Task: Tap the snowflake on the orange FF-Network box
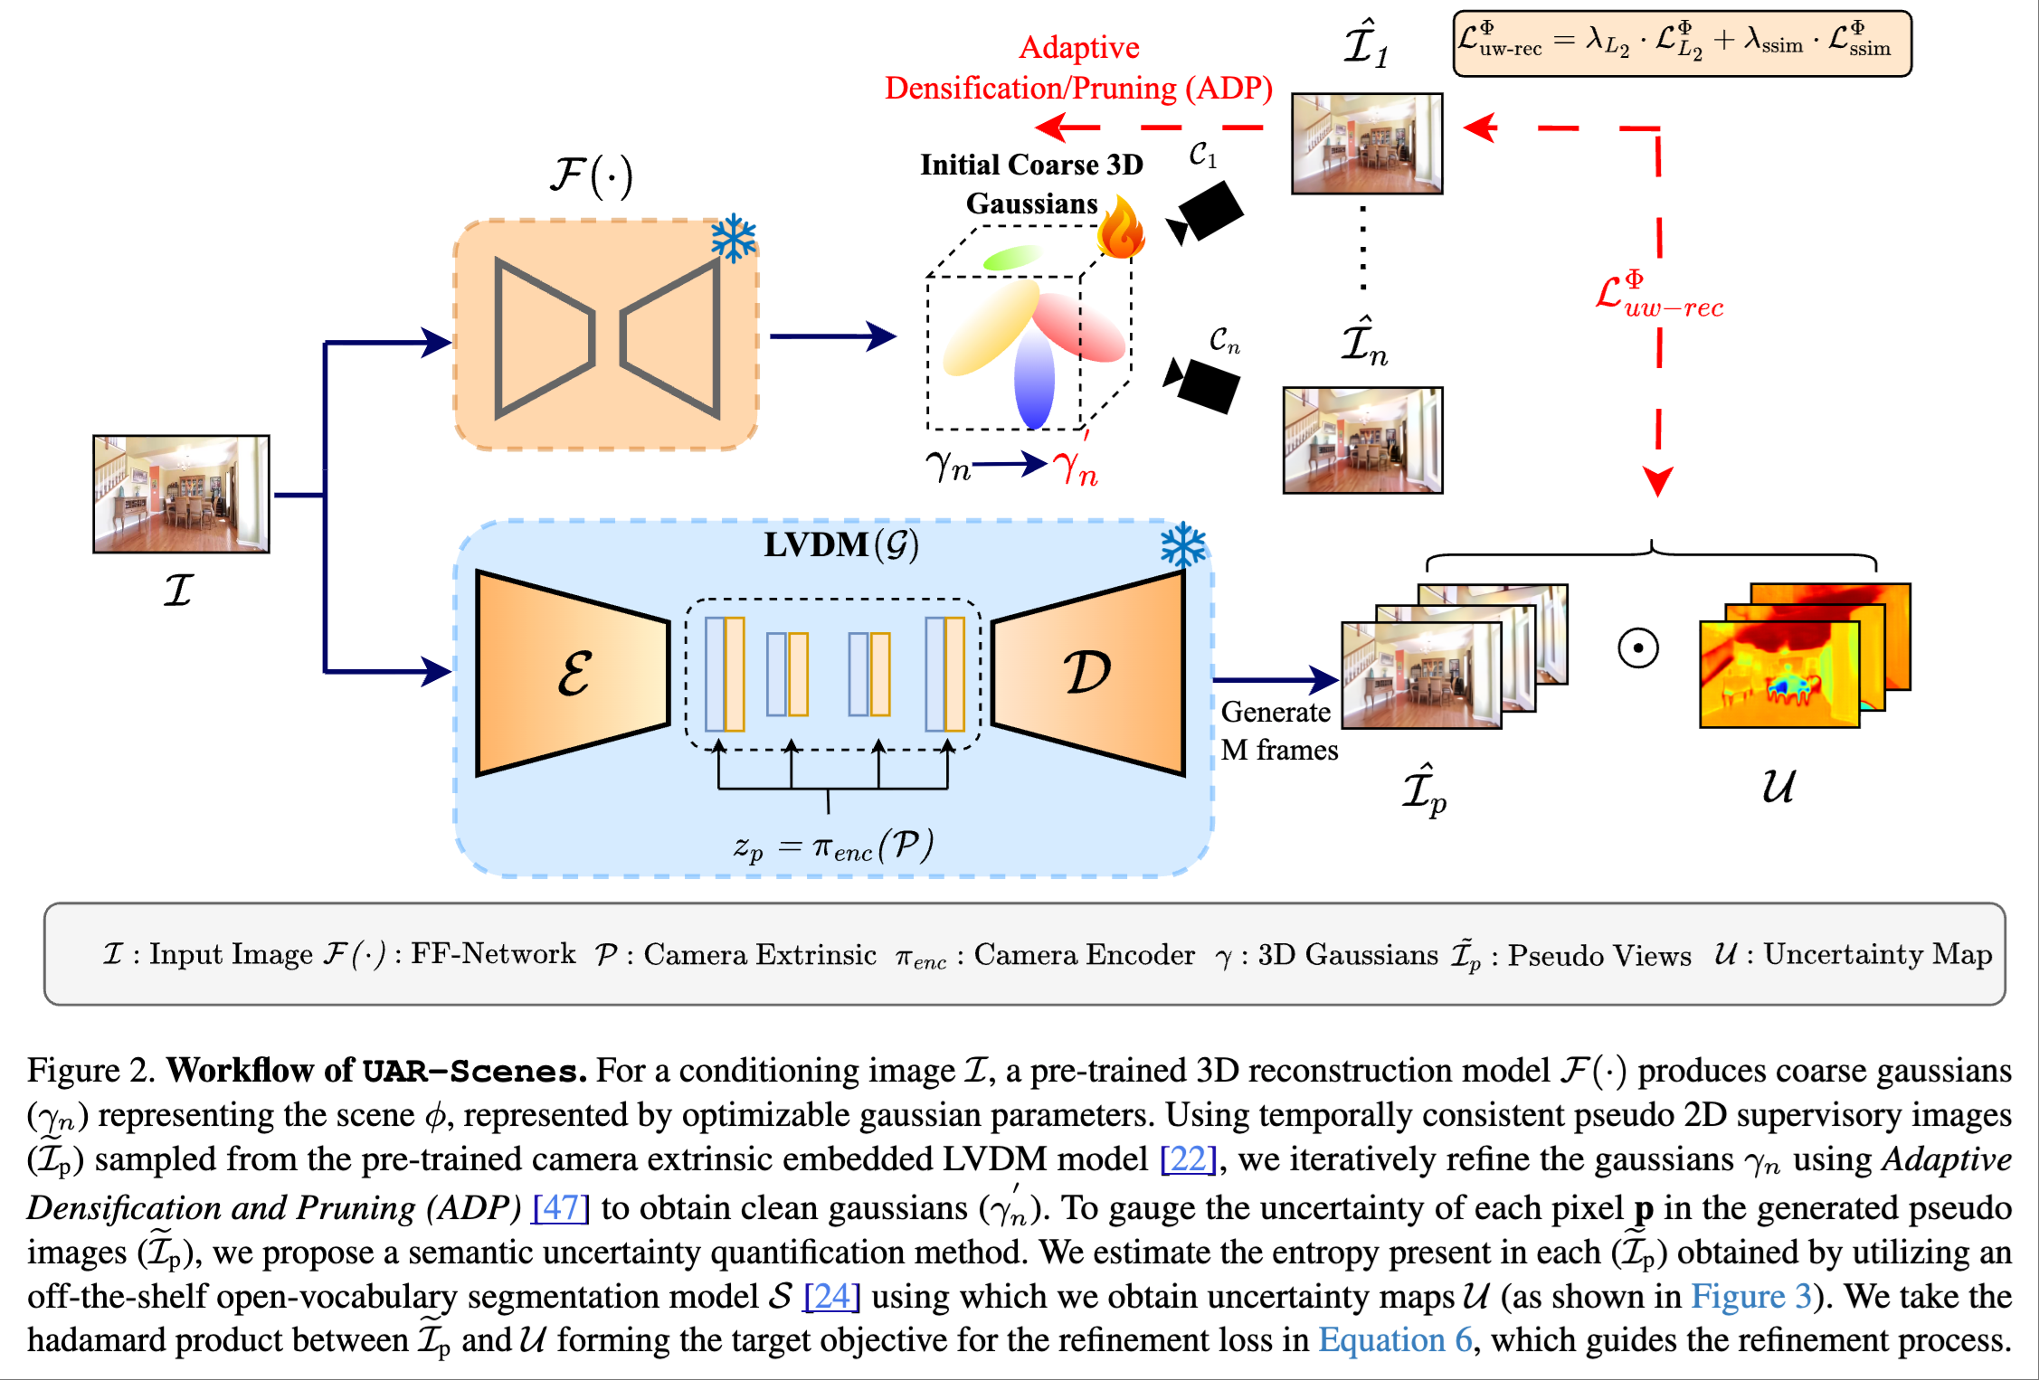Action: click(x=733, y=238)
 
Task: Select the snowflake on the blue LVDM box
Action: click(x=1182, y=545)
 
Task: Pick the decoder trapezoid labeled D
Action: click(x=1088, y=674)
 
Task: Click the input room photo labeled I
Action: click(x=181, y=494)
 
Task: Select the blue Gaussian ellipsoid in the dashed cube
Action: click(x=1034, y=380)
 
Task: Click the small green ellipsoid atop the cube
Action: click(x=1011, y=258)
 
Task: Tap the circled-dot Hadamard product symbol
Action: click(x=1637, y=648)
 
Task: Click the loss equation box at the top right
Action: click(x=1681, y=43)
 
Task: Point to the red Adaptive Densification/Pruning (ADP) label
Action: click(x=1078, y=68)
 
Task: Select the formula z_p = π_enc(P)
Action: click(x=832, y=846)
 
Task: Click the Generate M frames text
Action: click(x=1278, y=731)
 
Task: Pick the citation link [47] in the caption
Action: click(x=561, y=1207)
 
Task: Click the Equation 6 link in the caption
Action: click(x=1394, y=1340)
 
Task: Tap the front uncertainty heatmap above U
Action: click(x=1778, y=675)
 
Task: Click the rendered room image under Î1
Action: click(x=1366, y=143)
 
